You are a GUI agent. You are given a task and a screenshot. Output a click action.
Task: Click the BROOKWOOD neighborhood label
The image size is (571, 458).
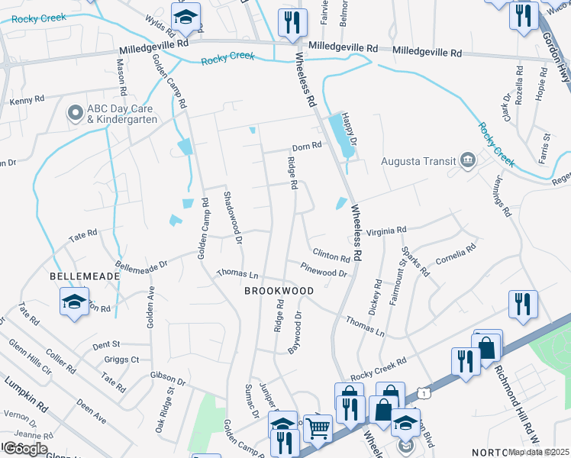pyautogui.click(x=279, y=291)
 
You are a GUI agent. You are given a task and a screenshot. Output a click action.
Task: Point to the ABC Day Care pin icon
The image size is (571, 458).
pyautogui.click(x=76, y=114)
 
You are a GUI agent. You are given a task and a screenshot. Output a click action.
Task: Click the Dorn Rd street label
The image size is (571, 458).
pyautogui.click(x=306, y=148)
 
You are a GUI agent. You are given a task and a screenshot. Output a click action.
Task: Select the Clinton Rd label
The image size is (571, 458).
pyautogui.click(x=331, y=255)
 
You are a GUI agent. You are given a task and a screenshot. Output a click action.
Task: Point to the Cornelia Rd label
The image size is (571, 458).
pyautogui.click(x=455, y=255)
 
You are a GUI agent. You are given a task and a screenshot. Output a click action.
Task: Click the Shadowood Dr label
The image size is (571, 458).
pyautogui.click(x=231, y=217)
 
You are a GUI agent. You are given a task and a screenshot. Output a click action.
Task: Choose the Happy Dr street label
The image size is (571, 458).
pyautogui.click(x=348, y=129)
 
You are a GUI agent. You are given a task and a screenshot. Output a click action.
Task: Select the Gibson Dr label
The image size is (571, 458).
pyautogui.click(x=169, y=379)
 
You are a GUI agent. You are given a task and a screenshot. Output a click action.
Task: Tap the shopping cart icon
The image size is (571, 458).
pyautogui.click(x=318, y=428)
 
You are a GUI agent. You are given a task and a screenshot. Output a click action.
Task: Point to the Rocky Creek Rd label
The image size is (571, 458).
pyautogui.click(x=377, y=371)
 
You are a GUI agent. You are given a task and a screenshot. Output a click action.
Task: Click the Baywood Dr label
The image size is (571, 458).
pyautogui.click(x=295, y=331)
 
